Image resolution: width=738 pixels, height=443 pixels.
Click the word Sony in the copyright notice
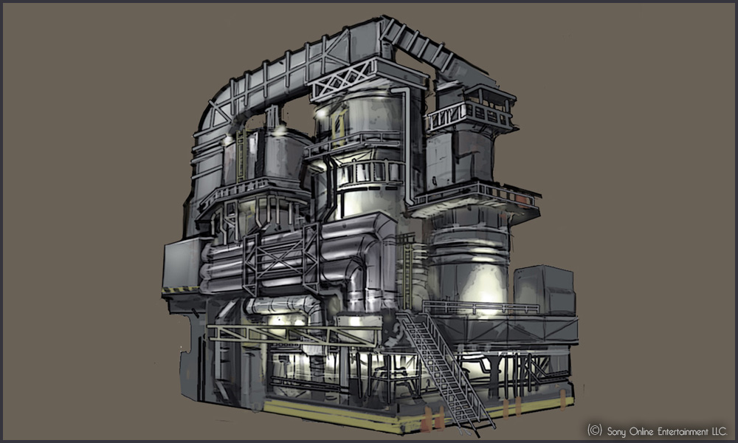pyautogui.click(x=616, y=432)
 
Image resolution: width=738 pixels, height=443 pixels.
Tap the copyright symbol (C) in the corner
pyautogui.click(x=594, y=430)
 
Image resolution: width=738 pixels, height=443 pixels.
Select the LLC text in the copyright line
pyautogui.click(x=719, y=430)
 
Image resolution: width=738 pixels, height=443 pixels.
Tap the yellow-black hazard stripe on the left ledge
pyautogui.click(x=181, y=289)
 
